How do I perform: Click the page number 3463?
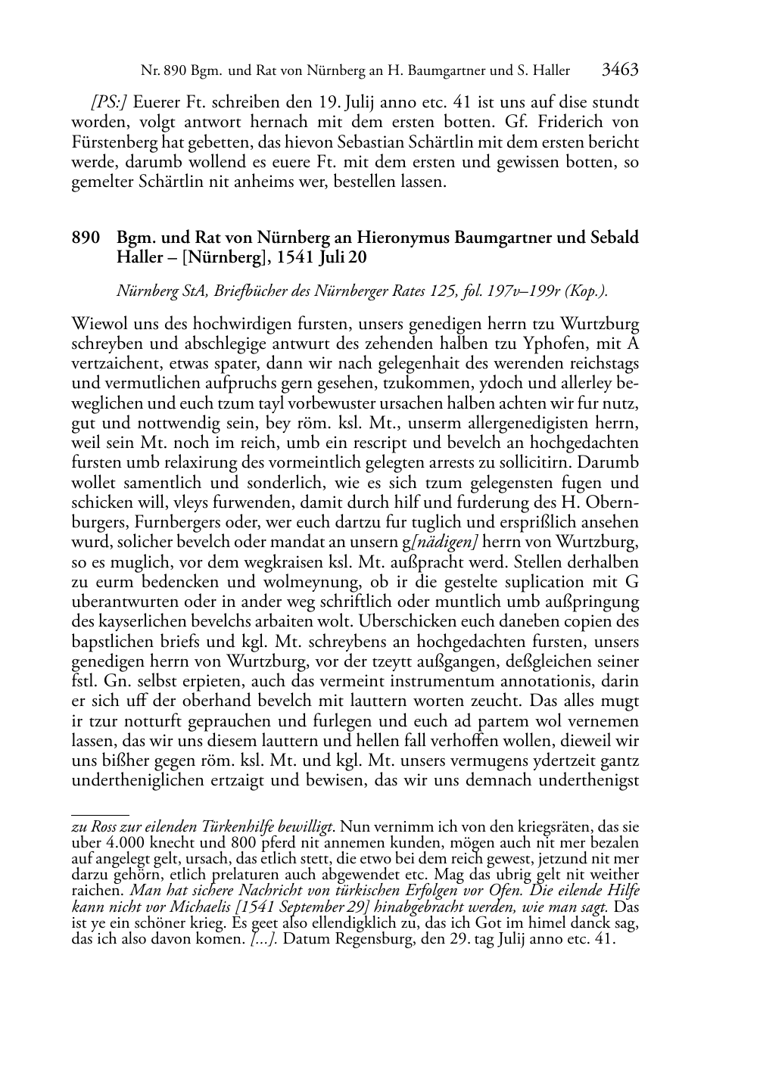point(620,70)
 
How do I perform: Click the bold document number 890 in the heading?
point(86,238)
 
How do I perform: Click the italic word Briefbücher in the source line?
point(237,290)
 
